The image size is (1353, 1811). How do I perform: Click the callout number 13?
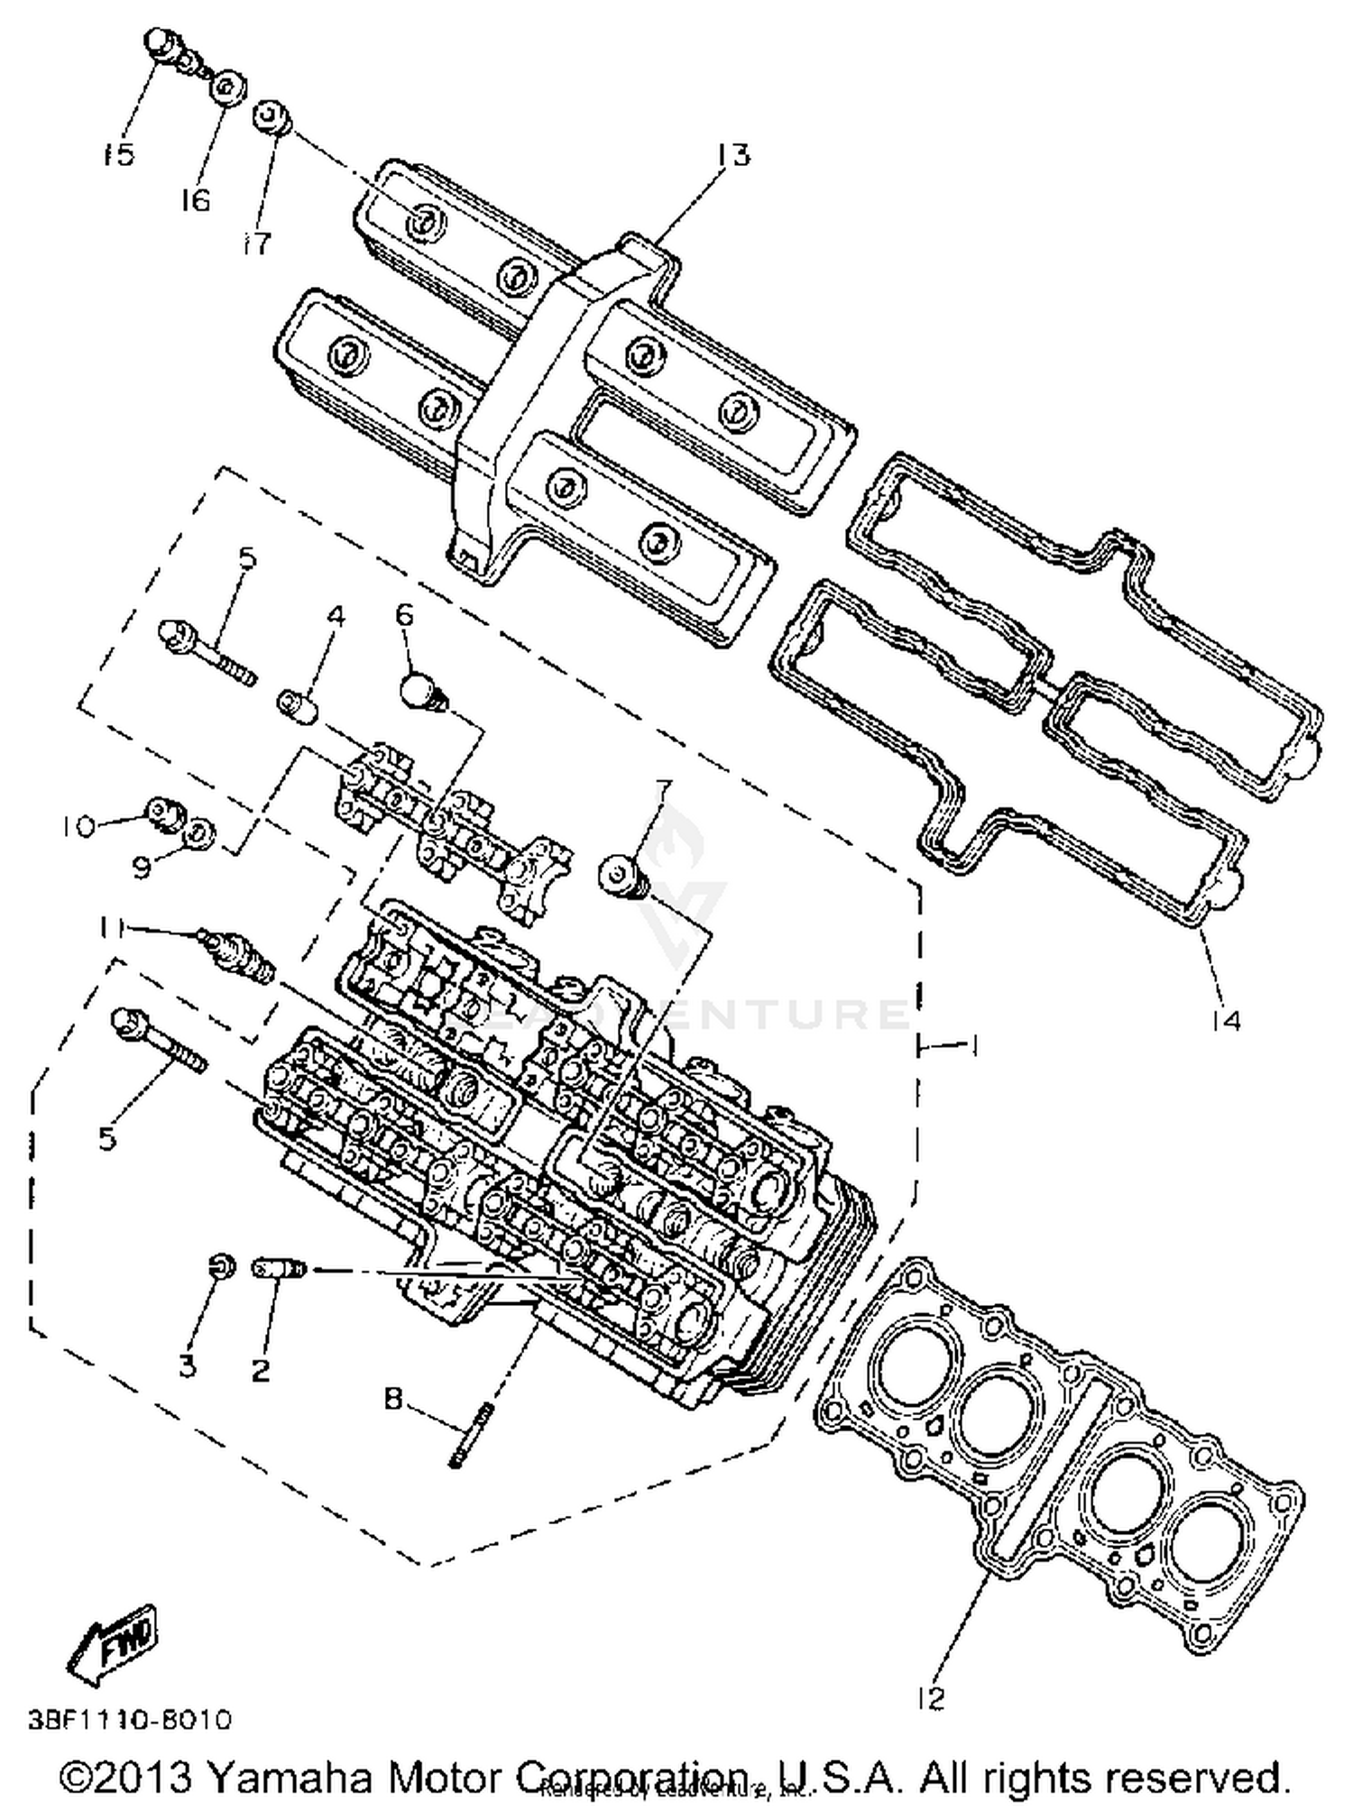pyautogui.click(x=733, y=155)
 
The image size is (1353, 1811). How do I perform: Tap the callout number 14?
pyautogui.click(x=1226, y=1020)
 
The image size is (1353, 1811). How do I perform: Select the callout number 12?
pyautogui.click(x=931, y=1697)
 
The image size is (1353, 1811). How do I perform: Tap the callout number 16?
pyautogui.click(x=195, y=199)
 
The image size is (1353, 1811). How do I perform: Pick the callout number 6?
pyautogui.click(x=404, y=616)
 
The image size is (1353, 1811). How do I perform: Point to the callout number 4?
pyautogui.click(x=335, y=617)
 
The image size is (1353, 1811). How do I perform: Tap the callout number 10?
pyautogui.click(x=79, y=826)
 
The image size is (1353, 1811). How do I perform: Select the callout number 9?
pyautogui.click(x=142, y=869)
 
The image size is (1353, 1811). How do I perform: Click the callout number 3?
pyautogui.click(x=187, y=1365)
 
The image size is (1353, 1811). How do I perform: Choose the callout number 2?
pyautogui.click(x=260, y=1371)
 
